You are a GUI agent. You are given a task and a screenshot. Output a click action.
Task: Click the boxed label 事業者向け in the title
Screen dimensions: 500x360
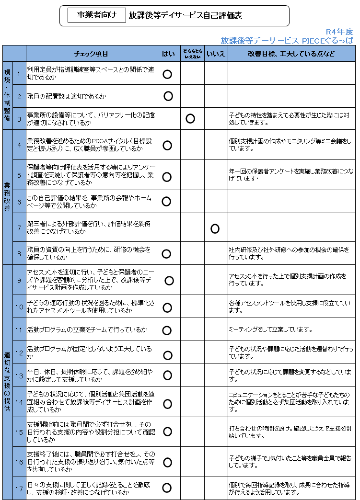(97, 15)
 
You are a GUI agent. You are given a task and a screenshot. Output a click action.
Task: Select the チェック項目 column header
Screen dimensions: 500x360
(92, 54)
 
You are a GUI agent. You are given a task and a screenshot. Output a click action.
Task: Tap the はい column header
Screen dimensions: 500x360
(168, 54)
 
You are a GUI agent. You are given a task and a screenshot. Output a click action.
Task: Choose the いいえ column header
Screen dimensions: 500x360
(216, 54)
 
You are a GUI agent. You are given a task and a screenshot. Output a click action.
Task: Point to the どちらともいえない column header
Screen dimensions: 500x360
(193, 54)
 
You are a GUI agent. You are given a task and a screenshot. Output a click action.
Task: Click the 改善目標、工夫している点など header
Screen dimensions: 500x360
(291, 54)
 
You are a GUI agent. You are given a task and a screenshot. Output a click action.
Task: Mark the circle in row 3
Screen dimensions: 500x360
(190, 119)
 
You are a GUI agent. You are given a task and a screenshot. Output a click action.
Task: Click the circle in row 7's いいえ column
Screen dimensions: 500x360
(215, 229)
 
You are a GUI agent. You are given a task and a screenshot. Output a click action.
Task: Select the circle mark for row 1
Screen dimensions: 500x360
(167, 74)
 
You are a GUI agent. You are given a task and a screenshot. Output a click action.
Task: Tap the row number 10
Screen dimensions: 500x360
(19, 307)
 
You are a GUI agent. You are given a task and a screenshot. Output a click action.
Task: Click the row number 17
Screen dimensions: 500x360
(19, 489)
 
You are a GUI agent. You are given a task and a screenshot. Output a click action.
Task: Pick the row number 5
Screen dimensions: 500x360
(19, 175)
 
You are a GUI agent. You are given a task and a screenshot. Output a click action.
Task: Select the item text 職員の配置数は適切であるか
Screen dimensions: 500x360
(67, 97)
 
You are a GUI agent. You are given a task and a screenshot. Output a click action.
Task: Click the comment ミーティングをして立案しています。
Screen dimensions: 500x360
(271, 330)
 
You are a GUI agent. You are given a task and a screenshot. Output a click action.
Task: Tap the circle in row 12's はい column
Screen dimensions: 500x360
(167, 355)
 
